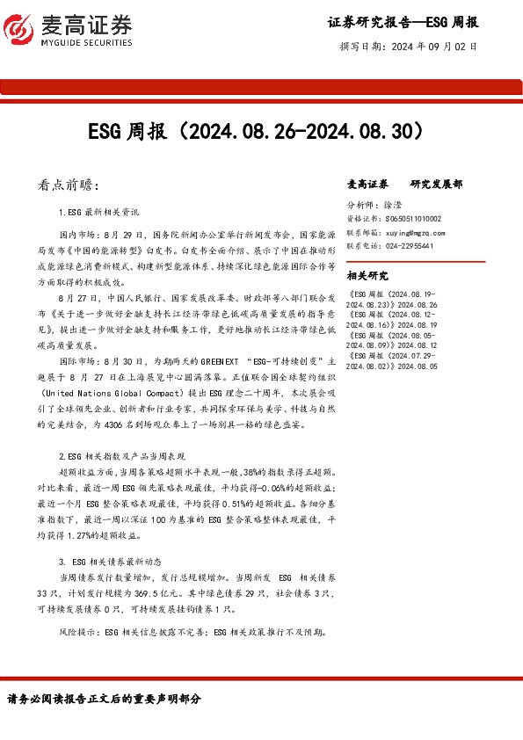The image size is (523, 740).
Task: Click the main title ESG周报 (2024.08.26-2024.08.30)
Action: pyautogui.click(x=261, y=132)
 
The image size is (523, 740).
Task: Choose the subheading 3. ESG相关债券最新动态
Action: pyautogui.click(x=111, y=560)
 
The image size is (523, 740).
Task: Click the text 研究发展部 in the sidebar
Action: pyautogui.click(x=436, y=185)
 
